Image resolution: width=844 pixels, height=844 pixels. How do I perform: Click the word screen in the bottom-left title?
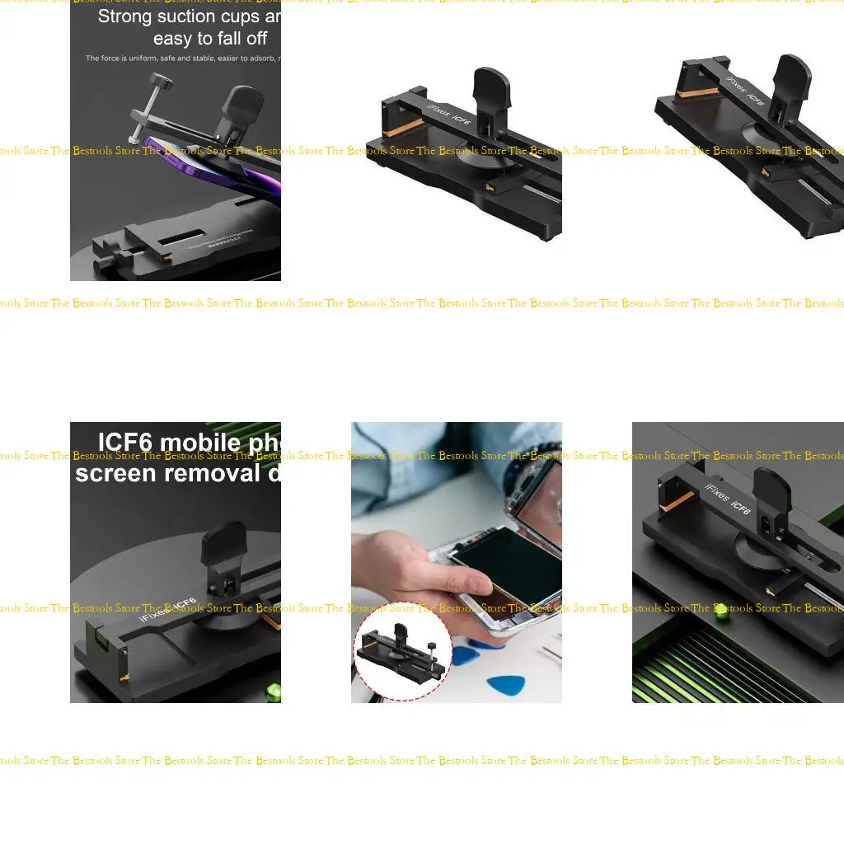point(115,473)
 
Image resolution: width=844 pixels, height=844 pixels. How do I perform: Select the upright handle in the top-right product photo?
point(793,78)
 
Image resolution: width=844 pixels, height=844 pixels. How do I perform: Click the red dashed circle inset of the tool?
point(401,651)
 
